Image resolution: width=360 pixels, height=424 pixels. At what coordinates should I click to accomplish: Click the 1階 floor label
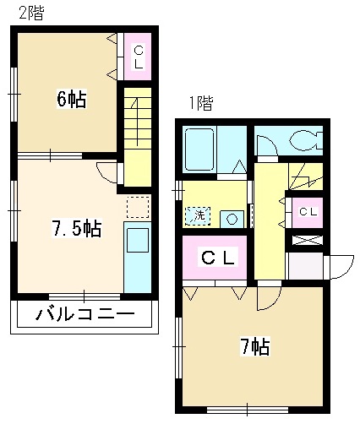pyautogui.click(x=200, y=104)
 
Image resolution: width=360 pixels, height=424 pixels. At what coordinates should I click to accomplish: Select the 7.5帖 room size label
pyautogui.click(x=76, y=228)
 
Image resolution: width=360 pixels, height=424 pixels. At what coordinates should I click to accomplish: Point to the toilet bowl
pyautogui.click(x=300, y=141)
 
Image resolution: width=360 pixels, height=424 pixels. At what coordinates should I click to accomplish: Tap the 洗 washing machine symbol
pyautogui.click(x=199, y=216)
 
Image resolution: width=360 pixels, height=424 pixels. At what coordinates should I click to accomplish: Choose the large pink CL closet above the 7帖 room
pyautogui.click(x=216, y=258)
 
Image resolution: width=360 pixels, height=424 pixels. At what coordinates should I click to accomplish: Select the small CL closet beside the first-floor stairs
pyautogui.click(x=308, y=211)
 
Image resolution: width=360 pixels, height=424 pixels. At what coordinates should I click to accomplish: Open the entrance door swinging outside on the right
pyautogui.click(x=341, y=267)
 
